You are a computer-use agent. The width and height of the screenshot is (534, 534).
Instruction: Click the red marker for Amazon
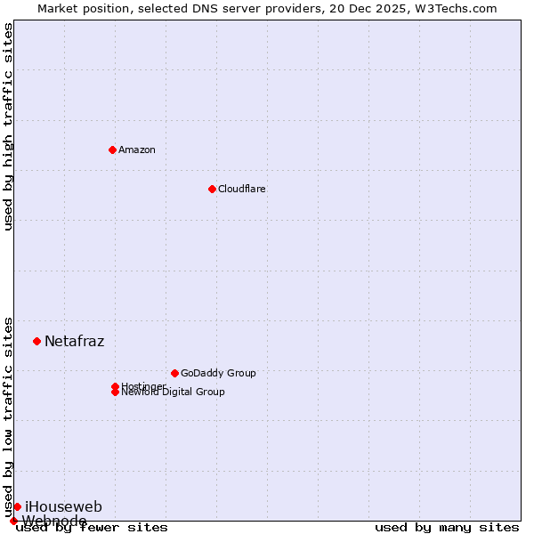pos(112,150)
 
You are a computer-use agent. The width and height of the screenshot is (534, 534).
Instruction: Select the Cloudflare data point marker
pos(212,189)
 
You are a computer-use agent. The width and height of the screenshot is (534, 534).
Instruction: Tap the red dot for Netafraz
pos(36,341)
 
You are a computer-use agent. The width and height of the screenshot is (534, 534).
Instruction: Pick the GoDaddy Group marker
pos(174,373)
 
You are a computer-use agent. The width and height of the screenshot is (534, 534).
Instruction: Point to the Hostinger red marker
pos(115,386)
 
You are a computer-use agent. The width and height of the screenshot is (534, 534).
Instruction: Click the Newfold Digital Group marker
pos(115,392)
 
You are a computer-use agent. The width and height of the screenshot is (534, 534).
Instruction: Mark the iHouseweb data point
pos(17,506)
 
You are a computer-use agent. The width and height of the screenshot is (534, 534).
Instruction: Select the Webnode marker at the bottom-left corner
pos(13,521)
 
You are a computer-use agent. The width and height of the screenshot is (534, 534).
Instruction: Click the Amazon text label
pos(137,150)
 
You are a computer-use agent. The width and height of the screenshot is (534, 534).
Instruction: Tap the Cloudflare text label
pos(242,189)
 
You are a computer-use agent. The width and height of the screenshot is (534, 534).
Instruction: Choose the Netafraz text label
pos(75,341)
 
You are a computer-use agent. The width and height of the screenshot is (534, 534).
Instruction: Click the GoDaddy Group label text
pos(218,373)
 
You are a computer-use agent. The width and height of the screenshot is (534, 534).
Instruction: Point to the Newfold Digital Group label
pos(174,392)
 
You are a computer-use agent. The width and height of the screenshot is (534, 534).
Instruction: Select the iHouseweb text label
pos(63,506)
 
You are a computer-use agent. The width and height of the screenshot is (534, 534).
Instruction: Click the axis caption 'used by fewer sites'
pos(93,528)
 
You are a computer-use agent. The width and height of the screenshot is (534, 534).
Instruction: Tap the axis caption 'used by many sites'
pos(447,528)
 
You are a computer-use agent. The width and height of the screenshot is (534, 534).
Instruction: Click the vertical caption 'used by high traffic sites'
pos(9,126)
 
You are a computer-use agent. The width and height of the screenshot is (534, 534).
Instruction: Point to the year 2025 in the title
pos(377,8)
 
